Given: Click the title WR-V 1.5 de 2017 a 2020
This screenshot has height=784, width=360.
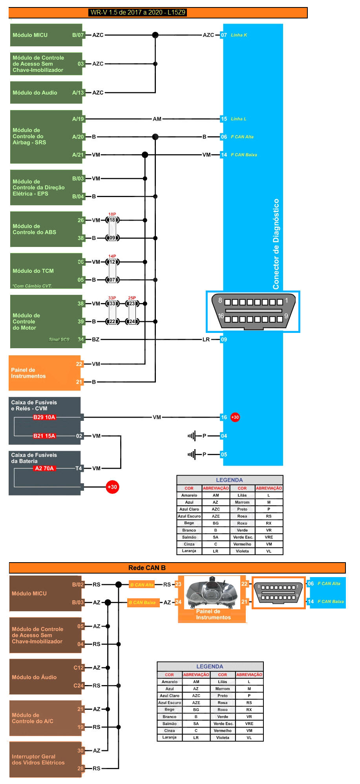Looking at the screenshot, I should (x=137, y=13).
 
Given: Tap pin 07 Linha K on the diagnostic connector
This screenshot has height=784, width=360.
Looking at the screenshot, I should (x=224, y=35).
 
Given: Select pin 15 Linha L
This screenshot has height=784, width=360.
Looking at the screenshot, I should (x=224, y=119).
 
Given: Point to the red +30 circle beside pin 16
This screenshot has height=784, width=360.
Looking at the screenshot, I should (x=235, y=417).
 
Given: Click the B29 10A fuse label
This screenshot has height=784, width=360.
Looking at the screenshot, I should (x=44, y=417).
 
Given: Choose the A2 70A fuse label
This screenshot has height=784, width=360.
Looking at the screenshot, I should (x=44, y=468).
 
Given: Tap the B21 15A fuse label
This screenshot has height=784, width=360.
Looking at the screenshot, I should (x=44, y=436).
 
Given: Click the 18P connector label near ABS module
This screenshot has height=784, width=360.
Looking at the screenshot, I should (x=112, y=214).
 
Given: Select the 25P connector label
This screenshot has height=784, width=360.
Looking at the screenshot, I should (x=132, y=298).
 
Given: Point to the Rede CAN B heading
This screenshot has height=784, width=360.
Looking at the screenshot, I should (x=147, y=568).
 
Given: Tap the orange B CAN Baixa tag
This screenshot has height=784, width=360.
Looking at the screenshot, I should (x=144, y=603).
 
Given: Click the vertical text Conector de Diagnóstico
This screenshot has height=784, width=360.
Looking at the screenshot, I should (x=276, y=244).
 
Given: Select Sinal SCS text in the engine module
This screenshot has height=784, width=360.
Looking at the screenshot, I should (x=59, y=340).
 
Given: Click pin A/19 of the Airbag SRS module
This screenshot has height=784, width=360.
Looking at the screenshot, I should (x=78, y=119).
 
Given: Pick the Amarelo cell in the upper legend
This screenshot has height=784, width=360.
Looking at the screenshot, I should (x=189, y=495).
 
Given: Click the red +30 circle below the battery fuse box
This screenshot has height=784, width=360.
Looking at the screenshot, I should (x=112, y=487).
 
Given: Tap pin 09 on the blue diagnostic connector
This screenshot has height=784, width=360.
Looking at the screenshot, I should (x=224, y=340).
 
